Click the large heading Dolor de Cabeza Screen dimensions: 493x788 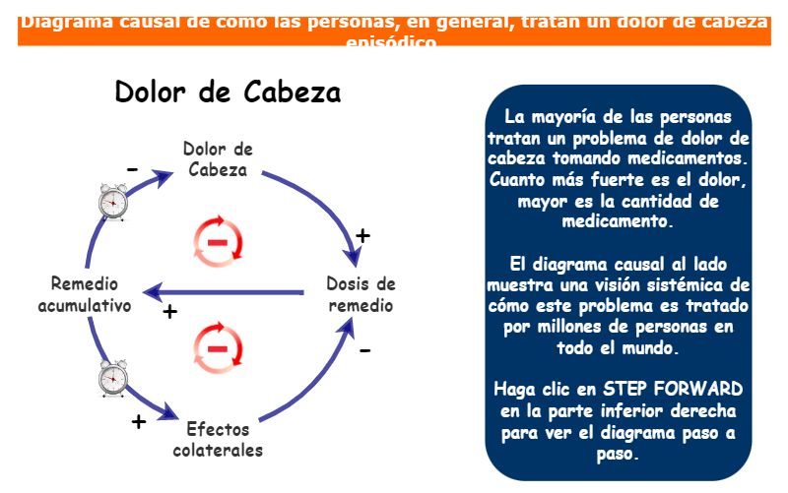[x=228, y=92]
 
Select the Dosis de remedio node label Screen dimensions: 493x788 [x=361, y=294]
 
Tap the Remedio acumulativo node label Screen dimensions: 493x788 [x=85, y=294]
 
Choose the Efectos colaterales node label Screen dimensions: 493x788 [x=218, y=440]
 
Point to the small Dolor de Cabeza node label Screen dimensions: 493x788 [x=218, y=158]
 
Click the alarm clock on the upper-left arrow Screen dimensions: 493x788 [x=114, y=202]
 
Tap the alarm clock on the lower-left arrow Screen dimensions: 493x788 [x=114, y=379]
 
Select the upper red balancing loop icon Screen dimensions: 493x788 [x=218, y=240]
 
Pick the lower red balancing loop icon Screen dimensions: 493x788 [x=218, y=346]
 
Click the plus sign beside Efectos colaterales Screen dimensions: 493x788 [x=139, y=422]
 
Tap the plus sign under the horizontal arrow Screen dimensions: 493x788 [x=169, y=312]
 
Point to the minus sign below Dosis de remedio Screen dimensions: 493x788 [x=364, y=349]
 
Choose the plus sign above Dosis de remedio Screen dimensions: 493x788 [x=362, y=235]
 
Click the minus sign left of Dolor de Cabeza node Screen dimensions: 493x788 [x=132, y=170]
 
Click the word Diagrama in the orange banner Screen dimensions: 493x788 [x=68, y=20]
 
